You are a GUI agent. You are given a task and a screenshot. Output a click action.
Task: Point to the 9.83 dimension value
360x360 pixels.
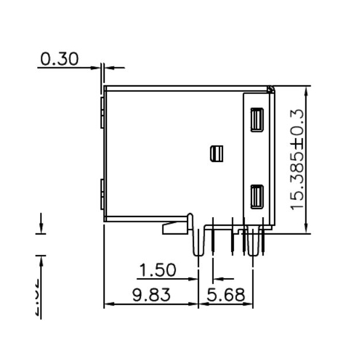coord(151,295)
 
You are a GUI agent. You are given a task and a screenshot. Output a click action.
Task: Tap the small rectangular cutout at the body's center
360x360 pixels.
coord(216,153)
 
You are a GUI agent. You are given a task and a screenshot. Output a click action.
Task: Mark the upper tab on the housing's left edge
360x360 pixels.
coord(102,111)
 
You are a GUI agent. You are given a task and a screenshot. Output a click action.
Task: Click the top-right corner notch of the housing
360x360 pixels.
coord(271,89)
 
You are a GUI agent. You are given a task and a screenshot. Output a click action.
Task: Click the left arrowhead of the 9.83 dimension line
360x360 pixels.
coord(108,304)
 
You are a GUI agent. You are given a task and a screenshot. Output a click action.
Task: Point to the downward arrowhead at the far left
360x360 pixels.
coord(41,228)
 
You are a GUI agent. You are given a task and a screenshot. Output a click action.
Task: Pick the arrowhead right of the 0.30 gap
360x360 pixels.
coord(110,67)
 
